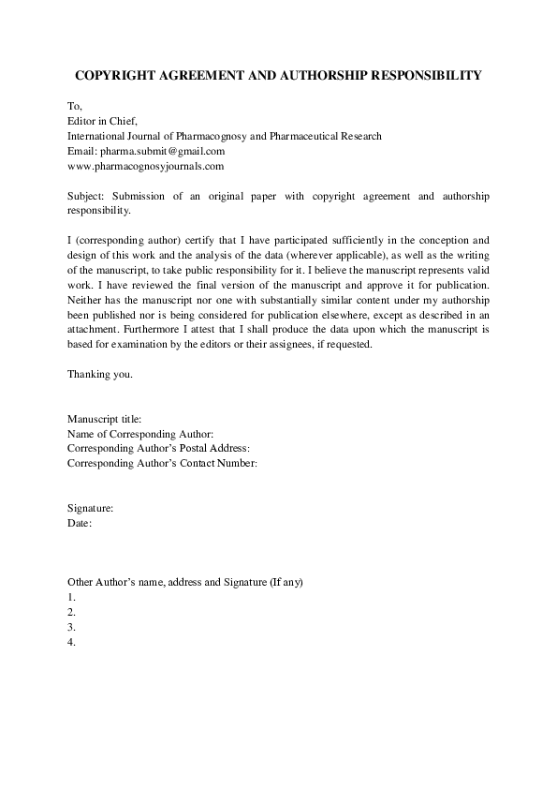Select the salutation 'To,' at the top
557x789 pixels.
[x=75, y=106]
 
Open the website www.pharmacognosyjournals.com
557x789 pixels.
[x=145, y=166]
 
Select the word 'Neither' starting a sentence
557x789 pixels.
[x=85, y=299]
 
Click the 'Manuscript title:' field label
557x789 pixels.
[x=104, y=419]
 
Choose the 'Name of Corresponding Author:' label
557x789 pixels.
[x=141, y=434]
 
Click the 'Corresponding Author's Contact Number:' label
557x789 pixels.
[x=162, y=463]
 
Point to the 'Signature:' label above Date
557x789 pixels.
[x=91, y=508]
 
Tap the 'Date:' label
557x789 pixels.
[x=80, y=523]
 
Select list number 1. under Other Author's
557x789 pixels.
[x=72, y=597]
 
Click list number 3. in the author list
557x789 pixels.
[x=72, y=627]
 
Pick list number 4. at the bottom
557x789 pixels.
[x=72, y=642]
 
